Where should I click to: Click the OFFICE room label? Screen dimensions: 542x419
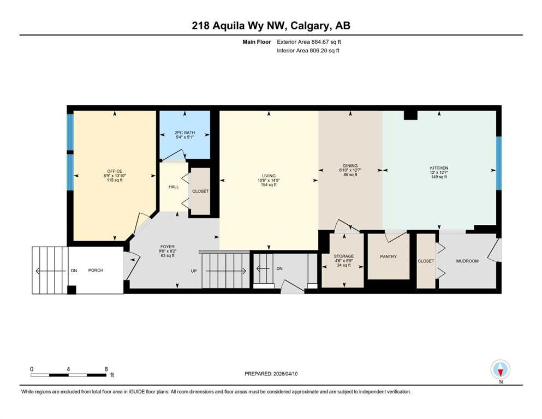[x=115, y=171]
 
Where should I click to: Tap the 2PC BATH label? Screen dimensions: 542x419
[x=184, y=133]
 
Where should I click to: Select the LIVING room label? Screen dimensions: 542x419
[x=269, y=176]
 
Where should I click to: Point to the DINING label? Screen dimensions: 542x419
[x=350, y=165]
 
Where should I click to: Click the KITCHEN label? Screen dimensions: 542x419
[x=439, y=168]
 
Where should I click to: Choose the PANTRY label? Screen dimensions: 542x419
[x=388, y=256]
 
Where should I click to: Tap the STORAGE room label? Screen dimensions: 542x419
[x=343, y=256]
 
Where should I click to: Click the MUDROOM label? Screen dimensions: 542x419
[x=467, y=261]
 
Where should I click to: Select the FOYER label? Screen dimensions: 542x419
[x=168, y=247]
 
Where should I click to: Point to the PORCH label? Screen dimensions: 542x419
[x=96, y=270]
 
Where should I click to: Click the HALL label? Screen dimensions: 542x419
[x=174, y=187]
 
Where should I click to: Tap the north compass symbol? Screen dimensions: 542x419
[x=500, y=369]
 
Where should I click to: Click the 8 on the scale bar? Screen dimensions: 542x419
[x=106, y=369]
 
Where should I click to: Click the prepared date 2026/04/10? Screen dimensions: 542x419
[x=285, y=374]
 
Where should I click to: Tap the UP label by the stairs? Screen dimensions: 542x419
[x=194, y=271]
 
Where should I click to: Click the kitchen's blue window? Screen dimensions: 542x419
[x=498, y=163]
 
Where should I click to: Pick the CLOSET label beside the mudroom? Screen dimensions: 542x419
[x=426, y=261]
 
